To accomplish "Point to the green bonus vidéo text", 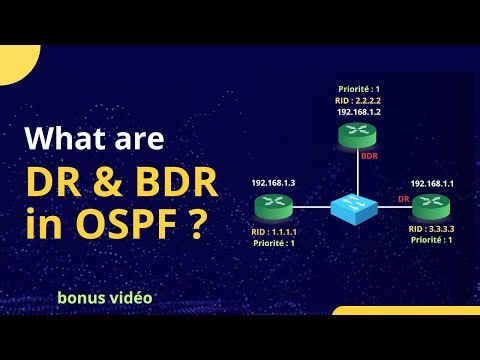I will pyautogui.click(x=105, y=298).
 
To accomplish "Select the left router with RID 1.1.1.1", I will pyautogui.click(x=272, y=207).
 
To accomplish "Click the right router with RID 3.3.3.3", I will pyautogui.click(x=431, y=206).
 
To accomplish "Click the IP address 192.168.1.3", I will pyautogui.click(x=272, y=185).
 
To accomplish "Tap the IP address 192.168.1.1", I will pyautogui.click(x=432, y=185).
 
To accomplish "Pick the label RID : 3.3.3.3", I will pyautogui.click(x=432, y=230).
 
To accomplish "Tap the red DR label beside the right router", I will pyautogui.click(x=404, y=199).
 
